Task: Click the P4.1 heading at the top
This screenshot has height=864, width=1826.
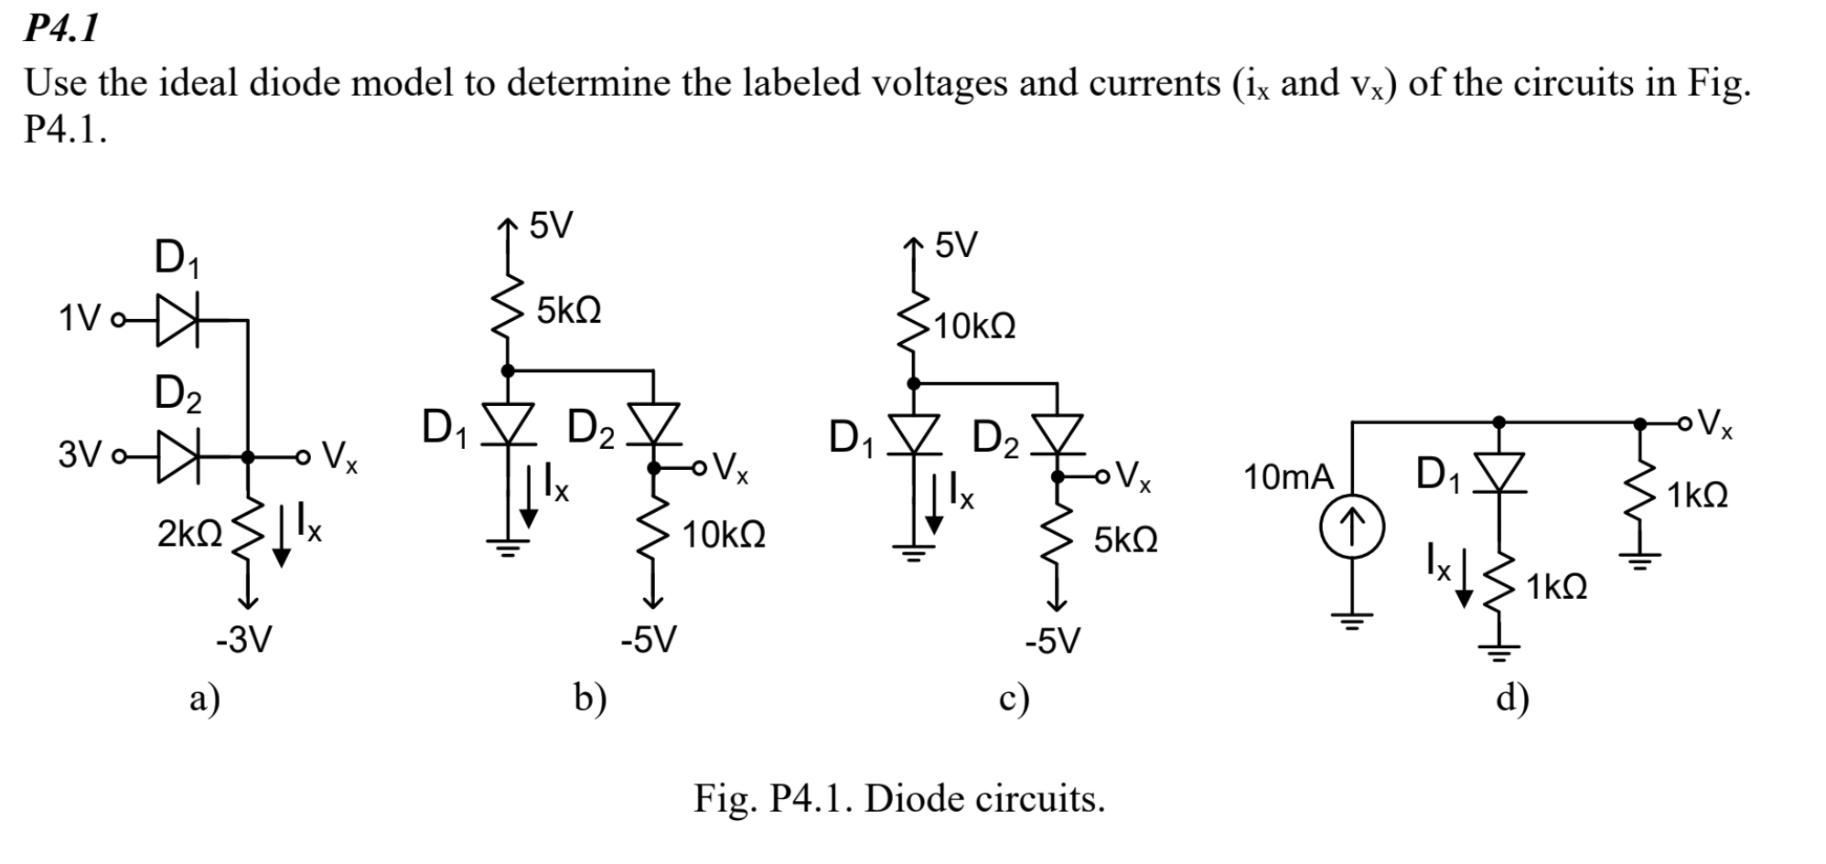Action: pos(60,29)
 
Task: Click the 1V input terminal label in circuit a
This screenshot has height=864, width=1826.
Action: pos(79,320)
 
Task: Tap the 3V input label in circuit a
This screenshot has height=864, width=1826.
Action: pos(79,454)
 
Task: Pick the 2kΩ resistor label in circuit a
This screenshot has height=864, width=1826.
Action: pos(189,534)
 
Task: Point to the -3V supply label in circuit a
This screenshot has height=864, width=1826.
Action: pos(243,640)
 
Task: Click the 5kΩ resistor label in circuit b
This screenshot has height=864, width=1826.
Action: pos(568,311)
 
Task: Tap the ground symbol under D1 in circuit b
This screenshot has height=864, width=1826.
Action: pos(509,547)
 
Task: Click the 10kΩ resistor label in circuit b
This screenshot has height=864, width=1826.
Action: pos(724,535)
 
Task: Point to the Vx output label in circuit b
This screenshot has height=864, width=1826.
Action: pos(730,468)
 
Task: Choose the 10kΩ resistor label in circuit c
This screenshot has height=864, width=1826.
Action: pos(974,326)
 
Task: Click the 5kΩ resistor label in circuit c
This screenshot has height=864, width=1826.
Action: pos(1125,540)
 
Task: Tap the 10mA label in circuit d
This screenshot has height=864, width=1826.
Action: pos(1288,476)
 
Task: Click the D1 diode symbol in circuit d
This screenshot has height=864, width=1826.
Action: pos(1498,472)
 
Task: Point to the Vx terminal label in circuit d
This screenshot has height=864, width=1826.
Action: pos(1713,423)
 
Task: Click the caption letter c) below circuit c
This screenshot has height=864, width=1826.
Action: pos(1014,699)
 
